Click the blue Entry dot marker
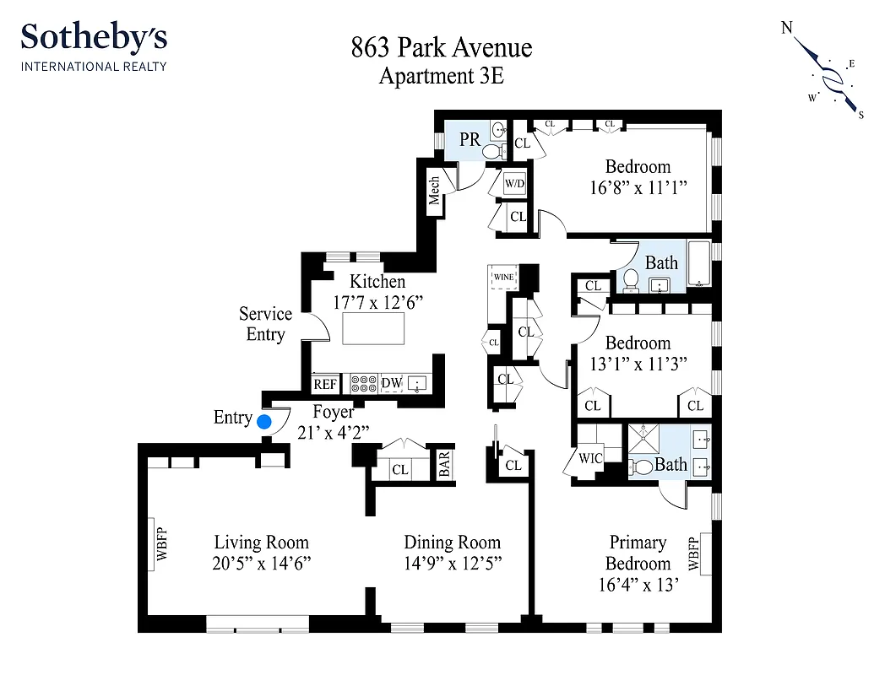(x=264, y=421)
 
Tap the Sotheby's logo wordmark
(x=94, y=39)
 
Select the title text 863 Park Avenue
(x=442, y=47)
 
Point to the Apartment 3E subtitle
(x=442, y=76)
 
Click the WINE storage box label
(x=504, y=277)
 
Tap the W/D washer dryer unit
(x=514, y=183)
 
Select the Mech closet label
(x=434, y=191)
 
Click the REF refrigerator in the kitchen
(x=325, y=384)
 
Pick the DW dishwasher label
(x=392, y=384)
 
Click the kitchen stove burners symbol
(x=364, y=384)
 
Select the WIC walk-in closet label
(x=589, y=459)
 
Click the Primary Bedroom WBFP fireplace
(x=695, y=553)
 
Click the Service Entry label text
(x=265, y=324)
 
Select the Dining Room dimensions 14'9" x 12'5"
(x=452, y=564)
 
